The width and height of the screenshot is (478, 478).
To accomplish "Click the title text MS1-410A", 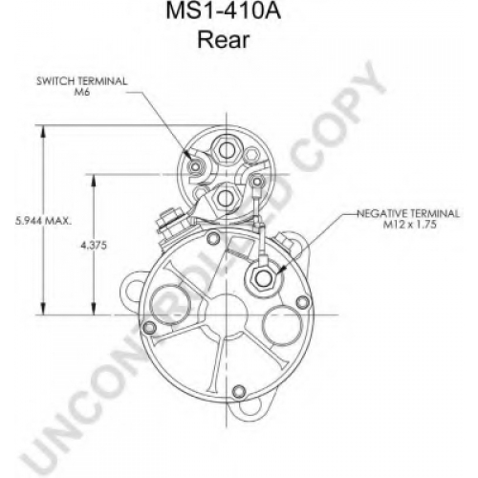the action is click(x=224, y=11).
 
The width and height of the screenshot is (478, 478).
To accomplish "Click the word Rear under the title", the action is click(x=223, y=40).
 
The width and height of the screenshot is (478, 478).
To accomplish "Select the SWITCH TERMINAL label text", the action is click(x=82, y=81).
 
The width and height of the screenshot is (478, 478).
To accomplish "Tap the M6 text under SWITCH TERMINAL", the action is click(x=82, y=93).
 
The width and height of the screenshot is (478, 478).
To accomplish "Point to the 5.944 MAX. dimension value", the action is click(x=43, y=221).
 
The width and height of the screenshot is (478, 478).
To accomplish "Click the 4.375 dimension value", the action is click(x=94, y=246).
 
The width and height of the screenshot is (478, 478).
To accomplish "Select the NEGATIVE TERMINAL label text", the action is click(x=408, y=213).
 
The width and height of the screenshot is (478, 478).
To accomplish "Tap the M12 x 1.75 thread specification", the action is click(x=409, y=225).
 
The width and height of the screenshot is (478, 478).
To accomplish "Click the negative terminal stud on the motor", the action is click(x=263, y=278).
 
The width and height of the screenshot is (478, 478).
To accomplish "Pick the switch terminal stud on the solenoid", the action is click(x=194, y=165).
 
